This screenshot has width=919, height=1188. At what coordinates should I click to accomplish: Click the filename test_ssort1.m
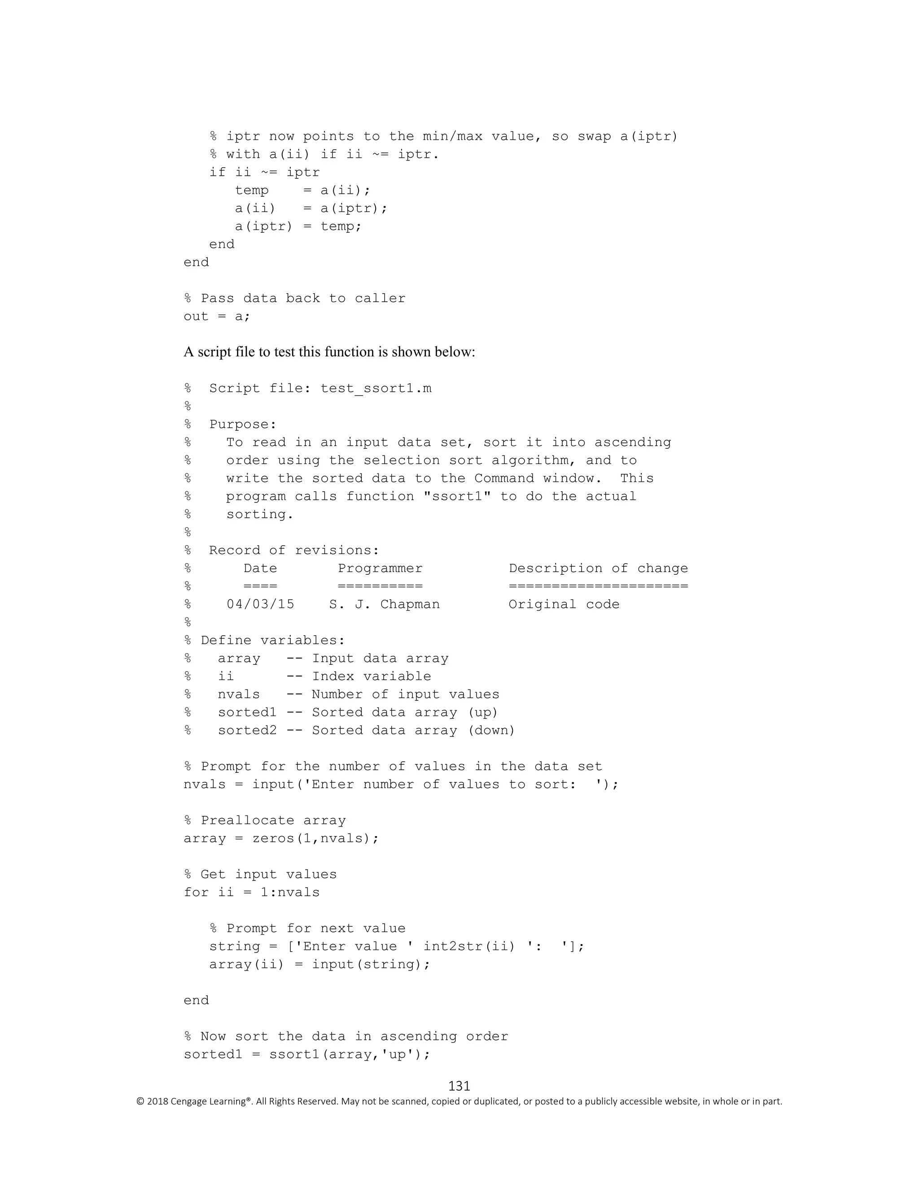click(376, 388)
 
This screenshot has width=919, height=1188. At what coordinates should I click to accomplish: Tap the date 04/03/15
click(260, 604)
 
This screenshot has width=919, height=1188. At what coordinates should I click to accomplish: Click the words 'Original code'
click(564, 604)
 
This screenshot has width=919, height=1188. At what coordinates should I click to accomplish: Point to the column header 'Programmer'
click(380, 568)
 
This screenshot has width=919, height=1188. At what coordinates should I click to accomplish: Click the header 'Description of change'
click(598, 568)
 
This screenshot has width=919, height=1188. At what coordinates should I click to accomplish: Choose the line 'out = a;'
click(217, 317)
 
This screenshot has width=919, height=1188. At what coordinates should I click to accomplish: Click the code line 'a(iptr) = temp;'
click(298, 226)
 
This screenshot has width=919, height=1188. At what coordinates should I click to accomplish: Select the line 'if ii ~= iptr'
click(265, 173)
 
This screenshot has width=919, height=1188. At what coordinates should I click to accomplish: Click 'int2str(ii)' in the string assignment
click(469, 946)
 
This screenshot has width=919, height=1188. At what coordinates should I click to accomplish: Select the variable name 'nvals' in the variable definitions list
click(239, 694)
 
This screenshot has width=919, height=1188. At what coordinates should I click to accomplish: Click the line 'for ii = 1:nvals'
click(252, 893)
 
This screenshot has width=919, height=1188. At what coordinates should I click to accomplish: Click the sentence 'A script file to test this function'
click(329, 352)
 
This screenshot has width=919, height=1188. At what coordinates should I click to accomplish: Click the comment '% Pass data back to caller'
click(294, 299)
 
